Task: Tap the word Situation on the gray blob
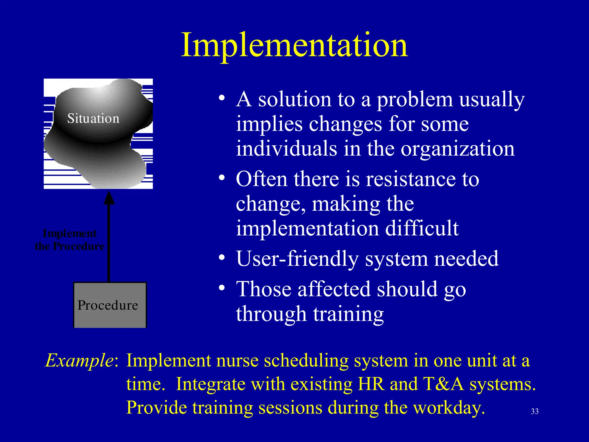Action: [x=93, y=119]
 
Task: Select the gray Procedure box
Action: [x=110, y=305]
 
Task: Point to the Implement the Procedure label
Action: [x=69, y=240]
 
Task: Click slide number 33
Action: [x=535, y=411]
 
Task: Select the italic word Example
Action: [x=79, y=360]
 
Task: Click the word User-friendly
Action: [x=297, y=259]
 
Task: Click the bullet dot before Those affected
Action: [x=221, y=288]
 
